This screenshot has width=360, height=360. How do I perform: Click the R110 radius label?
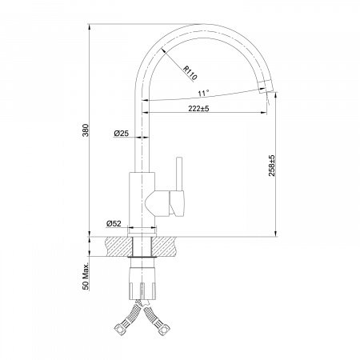coord(190,74)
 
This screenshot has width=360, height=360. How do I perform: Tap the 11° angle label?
coord(203,94)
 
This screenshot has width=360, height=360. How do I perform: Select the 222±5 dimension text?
coord(198,109)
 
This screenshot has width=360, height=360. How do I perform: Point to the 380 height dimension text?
coord(85,130)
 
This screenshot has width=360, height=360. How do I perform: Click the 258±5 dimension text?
coord(271,166)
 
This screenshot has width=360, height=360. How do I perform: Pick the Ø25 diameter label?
coord(122,133)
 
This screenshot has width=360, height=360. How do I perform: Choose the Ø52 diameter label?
coord(114,223)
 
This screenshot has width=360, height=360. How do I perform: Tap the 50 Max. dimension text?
coord(86,278)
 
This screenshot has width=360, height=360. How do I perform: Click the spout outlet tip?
coord(263,90)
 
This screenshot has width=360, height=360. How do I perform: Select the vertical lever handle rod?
coord(179,174)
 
